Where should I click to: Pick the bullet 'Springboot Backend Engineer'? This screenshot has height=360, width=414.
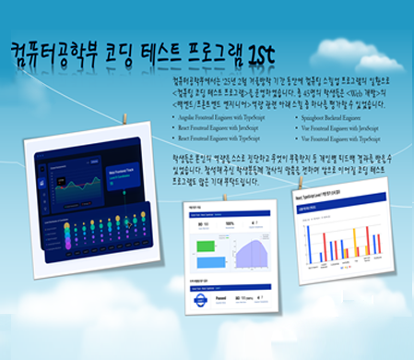(337, 119)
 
